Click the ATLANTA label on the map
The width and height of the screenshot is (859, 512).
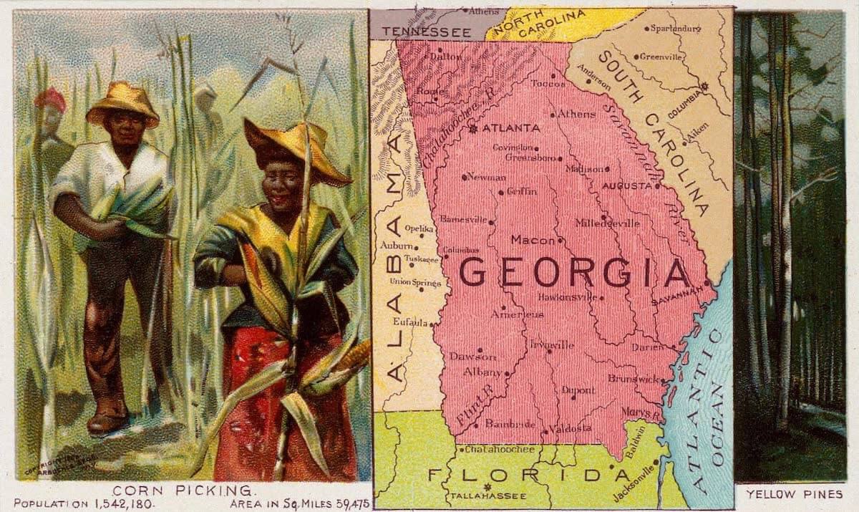tap(511, 128)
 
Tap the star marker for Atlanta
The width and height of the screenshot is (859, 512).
tap(472, 129)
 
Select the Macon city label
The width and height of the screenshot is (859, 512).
tap(533, 240)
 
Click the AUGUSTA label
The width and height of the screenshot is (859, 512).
tap(628, 185)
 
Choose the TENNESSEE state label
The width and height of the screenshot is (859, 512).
tap(426, 32)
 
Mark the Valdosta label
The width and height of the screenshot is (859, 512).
tap(571, 428)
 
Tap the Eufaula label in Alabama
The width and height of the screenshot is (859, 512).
tap(409, 322)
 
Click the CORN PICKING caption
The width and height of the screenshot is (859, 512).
tap(183, 491)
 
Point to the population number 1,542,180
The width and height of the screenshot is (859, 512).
tap(107, 504)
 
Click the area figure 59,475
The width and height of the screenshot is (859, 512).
tap(347, 504)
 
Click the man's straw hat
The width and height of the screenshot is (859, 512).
tap(122, 102)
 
